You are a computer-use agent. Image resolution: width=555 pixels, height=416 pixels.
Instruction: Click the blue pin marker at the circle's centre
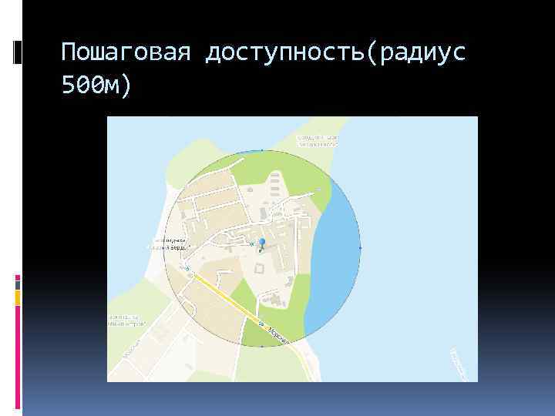[261, 244]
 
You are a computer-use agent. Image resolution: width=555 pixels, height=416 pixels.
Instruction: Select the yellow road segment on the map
[224, 297]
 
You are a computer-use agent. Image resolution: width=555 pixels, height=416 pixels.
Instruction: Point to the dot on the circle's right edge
[360, 248]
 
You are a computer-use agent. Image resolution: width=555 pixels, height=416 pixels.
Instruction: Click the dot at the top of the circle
[262, 150]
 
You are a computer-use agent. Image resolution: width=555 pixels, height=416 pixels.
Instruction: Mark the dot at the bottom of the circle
[262, 347]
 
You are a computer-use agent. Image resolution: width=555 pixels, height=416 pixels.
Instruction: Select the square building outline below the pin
[258, 268]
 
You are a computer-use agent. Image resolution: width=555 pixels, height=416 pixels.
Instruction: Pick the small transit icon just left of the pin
[251, 243]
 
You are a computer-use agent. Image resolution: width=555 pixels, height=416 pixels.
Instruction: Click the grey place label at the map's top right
[318, 140]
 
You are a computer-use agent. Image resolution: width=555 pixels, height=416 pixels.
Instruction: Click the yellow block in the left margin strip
[18, 297]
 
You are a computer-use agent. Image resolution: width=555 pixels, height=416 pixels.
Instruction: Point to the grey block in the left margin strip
[18, 283]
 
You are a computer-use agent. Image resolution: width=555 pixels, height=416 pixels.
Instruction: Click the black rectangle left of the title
[18, 52]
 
